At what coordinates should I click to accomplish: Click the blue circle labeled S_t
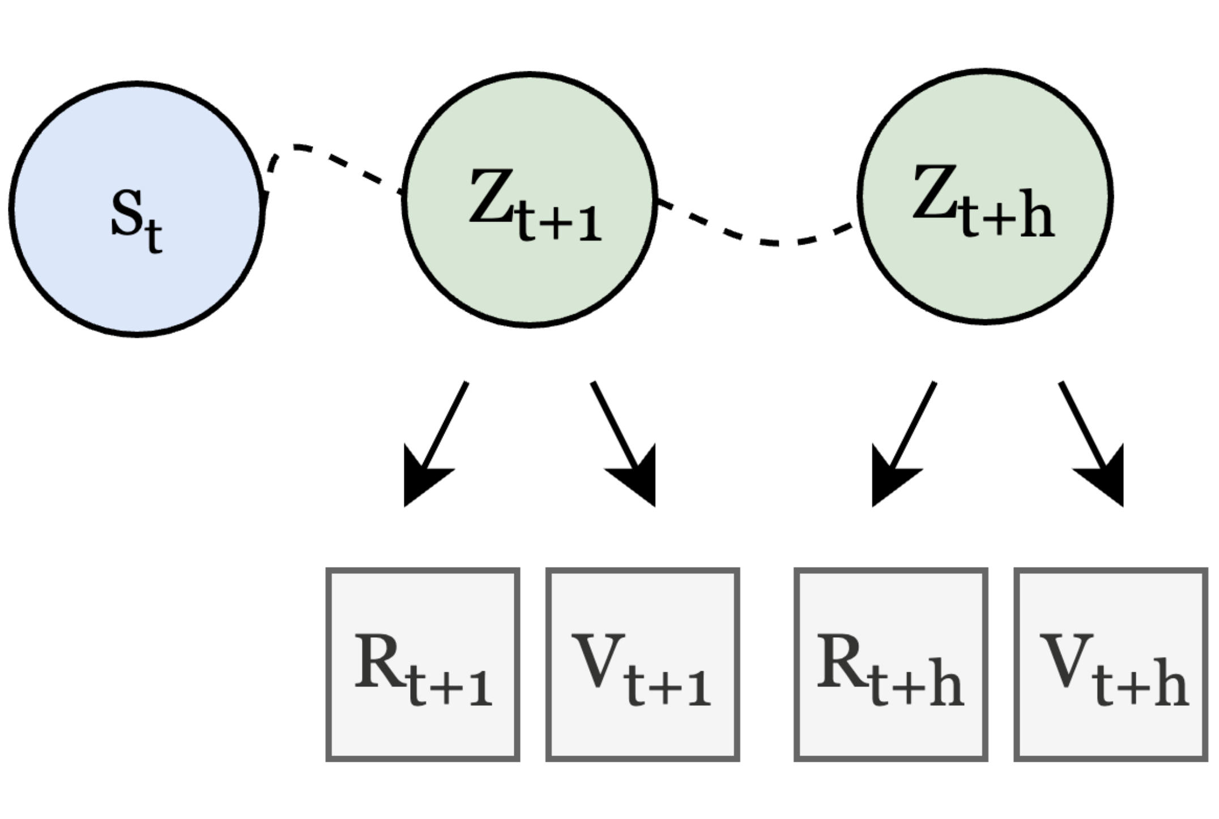coord(137,272)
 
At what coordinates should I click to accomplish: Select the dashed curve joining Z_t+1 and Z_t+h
coord(759,241)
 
